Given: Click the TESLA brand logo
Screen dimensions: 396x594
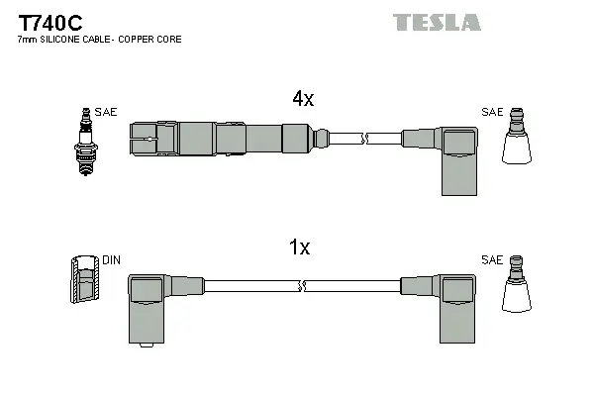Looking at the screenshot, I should pyautogui.click(x=437, y=22).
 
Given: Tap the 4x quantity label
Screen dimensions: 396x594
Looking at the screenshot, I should pyautogui.click(x=303, y=99).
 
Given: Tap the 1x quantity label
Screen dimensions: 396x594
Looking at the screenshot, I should pyautogui.click(x=300, y=248).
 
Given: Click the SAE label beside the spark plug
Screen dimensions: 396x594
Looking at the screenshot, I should pyautogui.click(x=107, y=112).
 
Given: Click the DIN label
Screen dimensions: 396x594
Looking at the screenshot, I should pyautogui.click(x=111, y=260).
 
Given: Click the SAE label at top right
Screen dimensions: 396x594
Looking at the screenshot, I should pyautogui.click(x=491, y=112).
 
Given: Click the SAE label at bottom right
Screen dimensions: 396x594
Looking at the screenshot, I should pyautogui.click(x=491, y=260).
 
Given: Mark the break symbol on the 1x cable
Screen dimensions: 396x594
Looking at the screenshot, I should pyautogui.click(x=300, y=287).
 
